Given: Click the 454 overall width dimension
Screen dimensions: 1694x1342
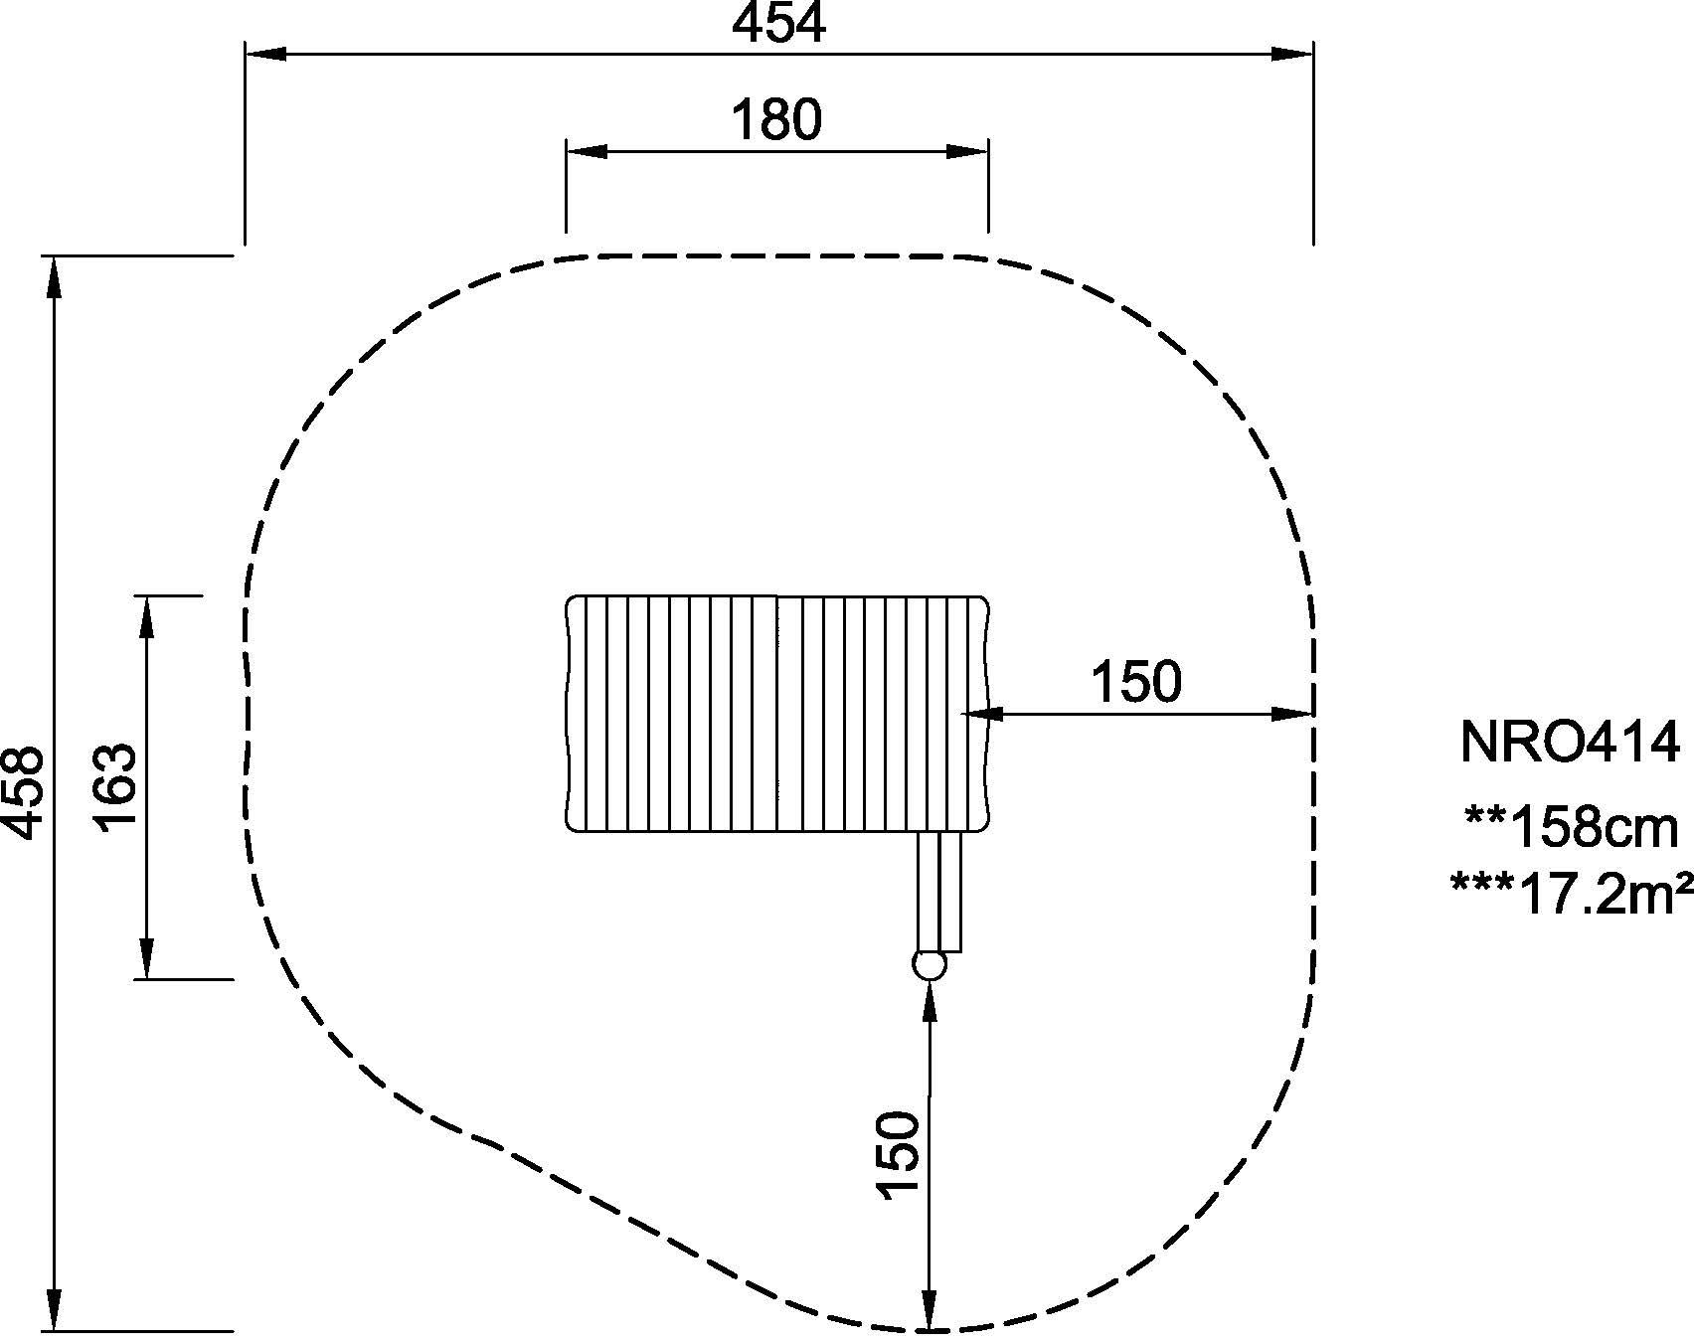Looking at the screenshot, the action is (778, 24).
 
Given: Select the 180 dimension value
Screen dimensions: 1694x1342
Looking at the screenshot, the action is (776, 120).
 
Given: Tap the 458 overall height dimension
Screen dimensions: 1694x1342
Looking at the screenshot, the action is (23, 791).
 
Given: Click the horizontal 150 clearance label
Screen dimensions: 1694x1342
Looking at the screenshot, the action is (1136, 682).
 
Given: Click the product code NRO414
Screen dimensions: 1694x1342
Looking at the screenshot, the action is (1570, 742).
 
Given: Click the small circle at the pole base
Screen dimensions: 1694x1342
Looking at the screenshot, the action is (929, 965).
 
